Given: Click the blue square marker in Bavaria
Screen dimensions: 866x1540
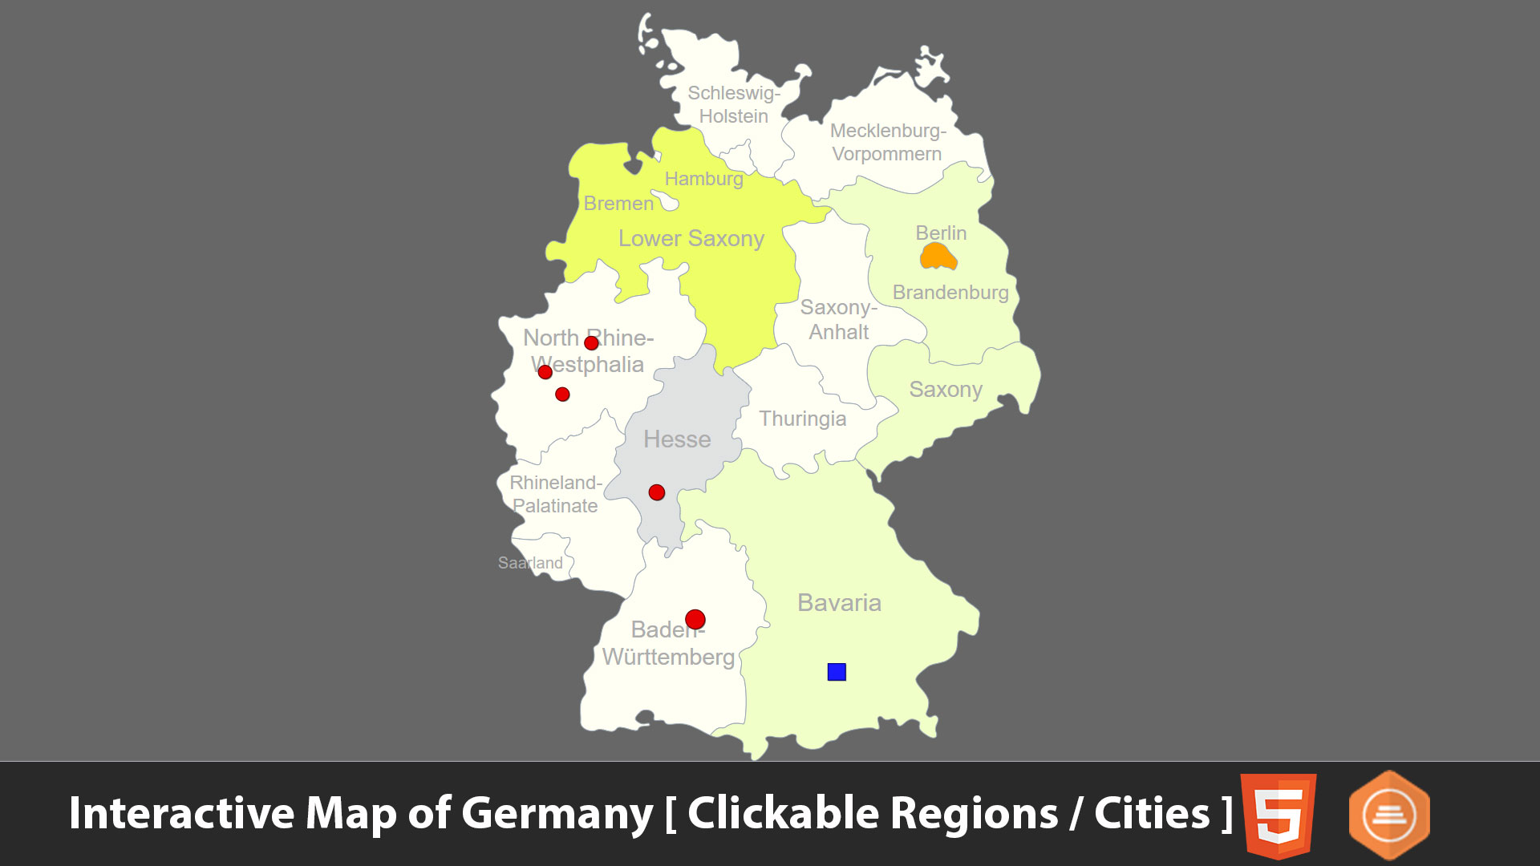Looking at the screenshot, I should tap(837, 672).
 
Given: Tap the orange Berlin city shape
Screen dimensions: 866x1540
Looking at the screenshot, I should tap(938, 257).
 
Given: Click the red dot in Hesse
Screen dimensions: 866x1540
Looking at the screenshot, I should tap(657, 492).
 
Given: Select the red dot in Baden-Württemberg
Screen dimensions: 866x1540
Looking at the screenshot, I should tap(695, 619).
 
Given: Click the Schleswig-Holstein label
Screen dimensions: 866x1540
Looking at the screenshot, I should tap(733, 104).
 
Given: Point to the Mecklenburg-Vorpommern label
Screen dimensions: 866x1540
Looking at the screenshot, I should tap(887, 142).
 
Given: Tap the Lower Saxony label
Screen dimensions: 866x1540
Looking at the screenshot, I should tap(691, 239).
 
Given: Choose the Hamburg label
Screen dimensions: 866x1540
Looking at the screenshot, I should tap(703, 179).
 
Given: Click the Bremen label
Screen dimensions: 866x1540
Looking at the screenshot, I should tap(618, 204).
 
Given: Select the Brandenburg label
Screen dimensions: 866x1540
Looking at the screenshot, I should tap(950, 293).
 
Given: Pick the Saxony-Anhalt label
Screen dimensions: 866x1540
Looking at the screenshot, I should tap(838, 319).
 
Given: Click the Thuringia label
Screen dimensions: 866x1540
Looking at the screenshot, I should tap(802, 419).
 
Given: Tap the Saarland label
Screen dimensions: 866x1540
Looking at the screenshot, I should tap(530, 563).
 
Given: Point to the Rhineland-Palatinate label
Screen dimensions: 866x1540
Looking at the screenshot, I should tap(555, 494).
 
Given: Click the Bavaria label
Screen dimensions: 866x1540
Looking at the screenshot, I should tap(839, 603).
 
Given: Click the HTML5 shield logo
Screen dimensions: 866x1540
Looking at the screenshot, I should tap(1278, 814).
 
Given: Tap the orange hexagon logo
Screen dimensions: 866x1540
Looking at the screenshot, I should tap(1389, 815).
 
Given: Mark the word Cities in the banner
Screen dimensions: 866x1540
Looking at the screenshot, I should tap(1152, 814).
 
